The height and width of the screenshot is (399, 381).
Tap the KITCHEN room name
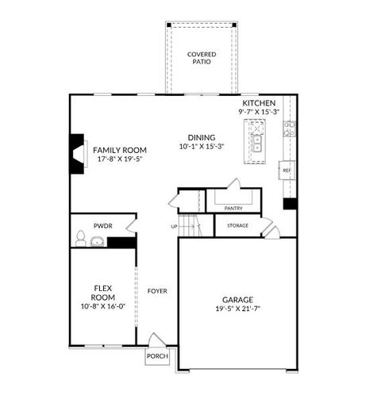[x=259, y=104]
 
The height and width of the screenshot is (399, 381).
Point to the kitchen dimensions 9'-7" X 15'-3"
[x=259, y=113]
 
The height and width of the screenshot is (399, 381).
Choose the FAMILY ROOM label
[x=120, y=150]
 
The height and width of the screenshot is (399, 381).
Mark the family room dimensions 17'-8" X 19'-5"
[x=120, y=159]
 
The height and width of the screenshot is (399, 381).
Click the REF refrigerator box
[x=287, y=170]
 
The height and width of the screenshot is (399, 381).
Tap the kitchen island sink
[x=258, y=143]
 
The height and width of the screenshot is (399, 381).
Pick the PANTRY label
[x=233, y=208]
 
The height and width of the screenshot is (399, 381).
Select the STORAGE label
[x=237, y=226]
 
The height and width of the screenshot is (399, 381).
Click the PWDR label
[x=102, y=226]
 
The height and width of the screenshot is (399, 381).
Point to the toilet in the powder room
[x=80, y=238]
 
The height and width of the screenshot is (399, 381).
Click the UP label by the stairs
[x=174, y=226]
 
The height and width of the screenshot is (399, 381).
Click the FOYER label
[x=157, y=291]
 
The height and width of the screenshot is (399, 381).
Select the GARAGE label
[x=237, y=300]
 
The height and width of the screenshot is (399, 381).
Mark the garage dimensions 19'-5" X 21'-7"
[x=237, y=309]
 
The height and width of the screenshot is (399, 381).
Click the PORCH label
[x=157, y=356]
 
